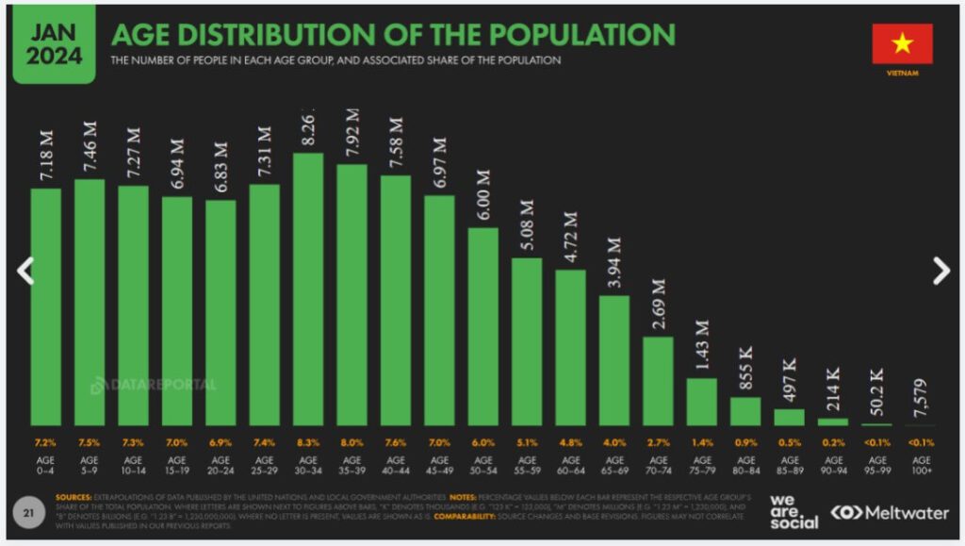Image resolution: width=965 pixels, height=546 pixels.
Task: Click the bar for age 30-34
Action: [x=309, y=289]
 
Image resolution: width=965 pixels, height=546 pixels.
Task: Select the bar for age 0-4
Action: [x=46, y=306]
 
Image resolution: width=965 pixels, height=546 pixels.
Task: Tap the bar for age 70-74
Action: [x=659, y=381]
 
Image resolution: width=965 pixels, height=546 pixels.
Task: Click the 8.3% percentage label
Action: [x=309, y=440]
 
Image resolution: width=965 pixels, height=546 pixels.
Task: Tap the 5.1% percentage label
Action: [x=528, y=440]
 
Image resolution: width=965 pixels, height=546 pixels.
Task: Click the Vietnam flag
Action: [x=902, y=44]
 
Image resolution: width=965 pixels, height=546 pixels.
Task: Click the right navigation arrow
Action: [x=940, y=272]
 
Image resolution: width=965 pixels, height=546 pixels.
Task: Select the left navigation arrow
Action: [x=25, y=272]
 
